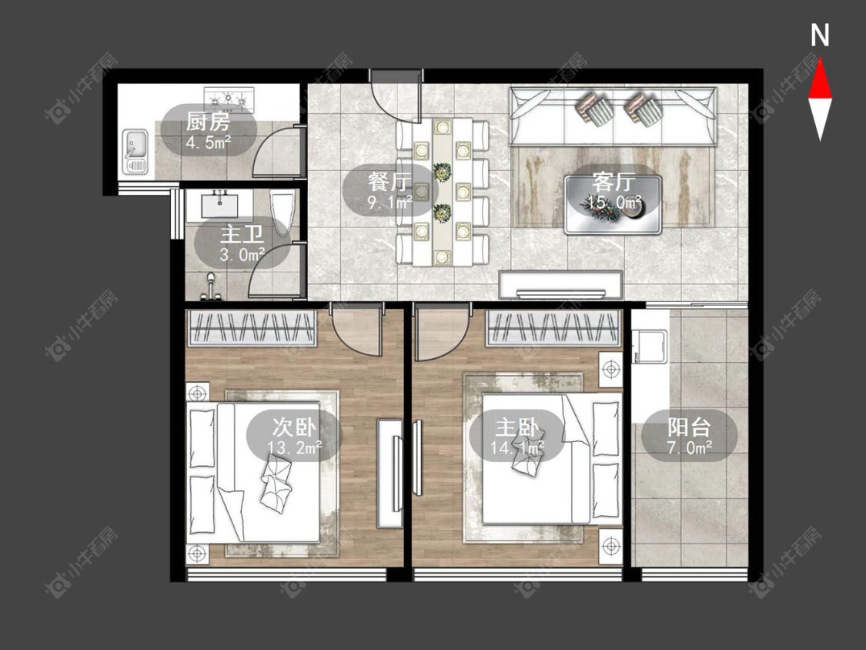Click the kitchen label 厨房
pyautogui.click(x=208, y=122)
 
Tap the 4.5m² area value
pyautogui.click(x=208, y=143)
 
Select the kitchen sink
pyautogui.click(x=135, y=151)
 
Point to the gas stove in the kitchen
pyautogui.click(x=229, y=99)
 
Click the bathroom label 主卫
pyautogui.click(x=242, y=234)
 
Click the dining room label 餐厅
pyautogui.click(x=390, y=181)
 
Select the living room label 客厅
pyautogui.click(x=613, y=182)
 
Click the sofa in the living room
pyautogui.click(x=613, y=116)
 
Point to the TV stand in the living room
pyautogui.click(x=560, y=285)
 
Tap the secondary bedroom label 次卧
pyautogui.click(x=294, y=427)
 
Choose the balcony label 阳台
pyautogui.click(x=689, y=427)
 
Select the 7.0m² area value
pyautogui.click(x=689, y=447)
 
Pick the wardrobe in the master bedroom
pyautogui.click(x=554, y=328)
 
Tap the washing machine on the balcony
pyautogui.click(x=650, y=347)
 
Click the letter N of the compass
pyautogui.click(x=820, y=35)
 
